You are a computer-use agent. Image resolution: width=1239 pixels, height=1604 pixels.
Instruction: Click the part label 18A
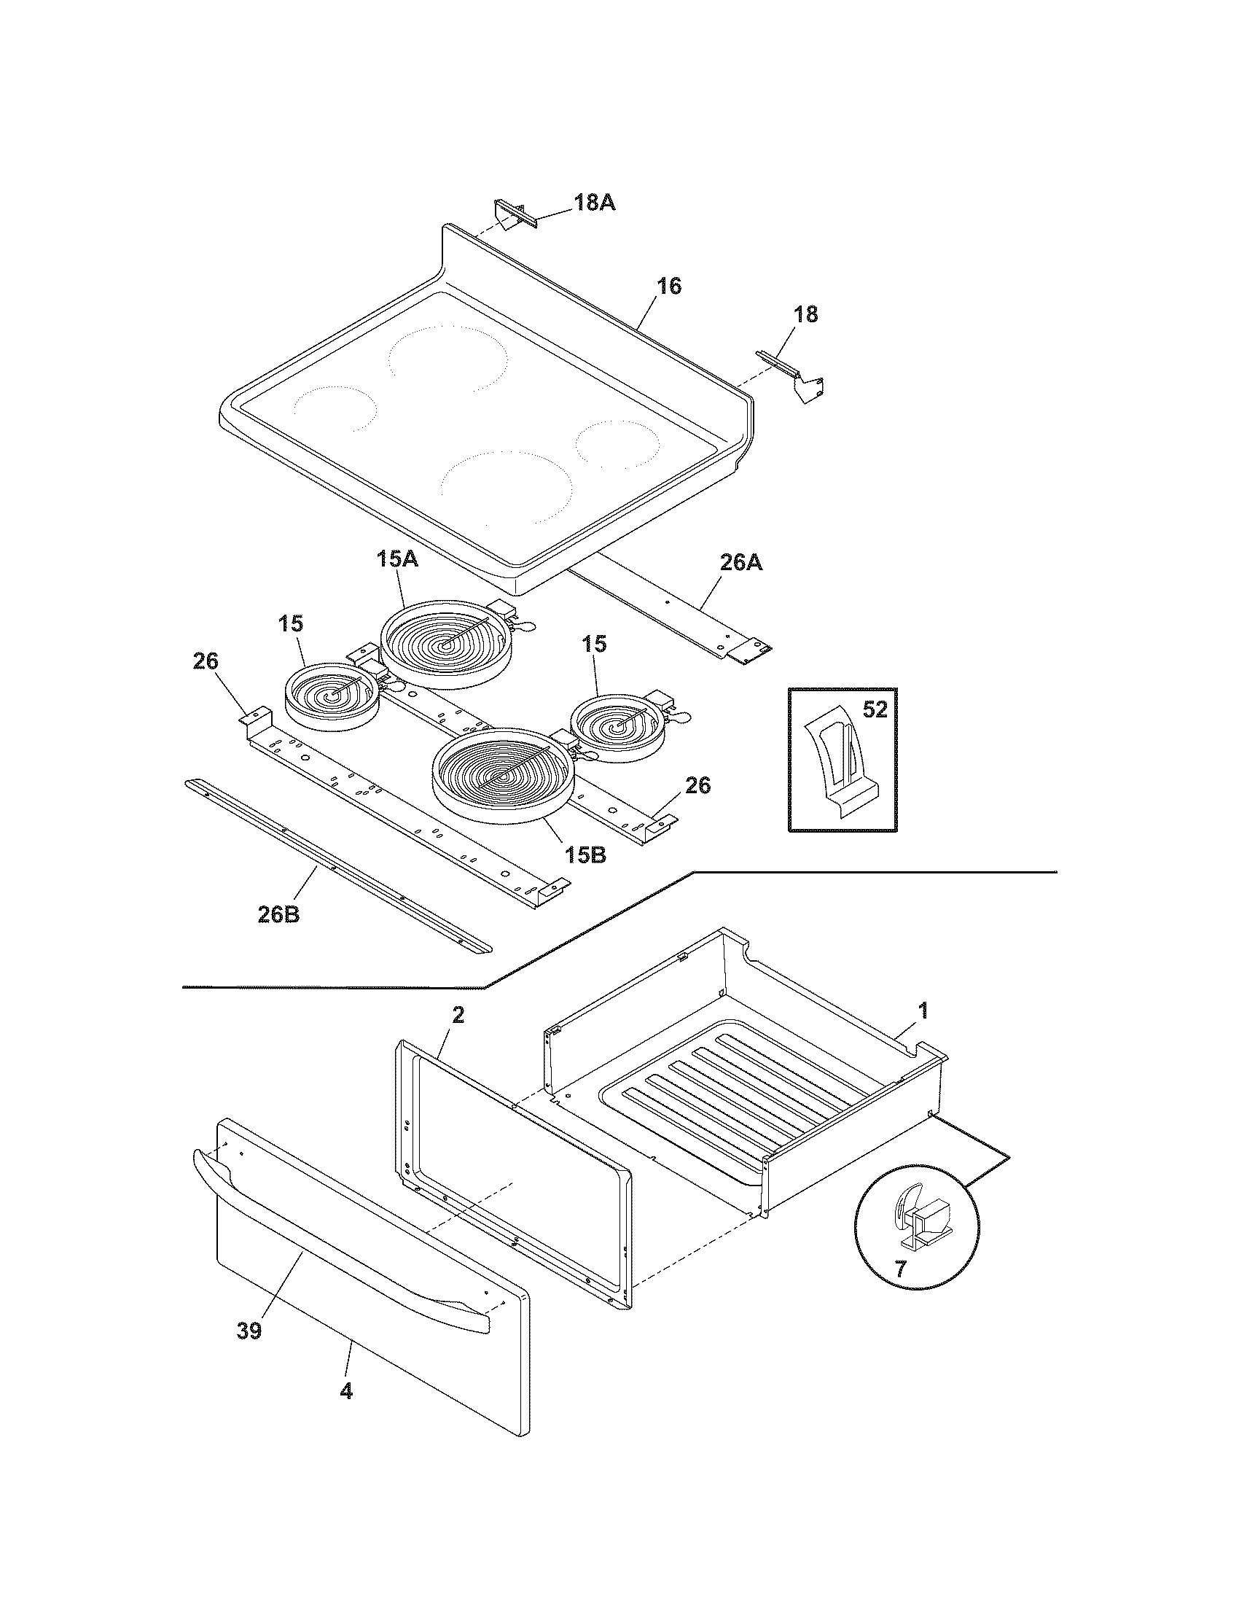coord(594,203)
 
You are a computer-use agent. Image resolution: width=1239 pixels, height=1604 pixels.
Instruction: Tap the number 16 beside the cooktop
coord(668,286)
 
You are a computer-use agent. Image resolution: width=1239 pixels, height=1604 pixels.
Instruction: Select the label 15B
coord(585,855)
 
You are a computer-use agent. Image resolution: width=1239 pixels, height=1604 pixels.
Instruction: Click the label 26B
coord(278,916)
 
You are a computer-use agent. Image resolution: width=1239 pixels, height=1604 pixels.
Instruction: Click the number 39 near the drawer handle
coord(249,1331)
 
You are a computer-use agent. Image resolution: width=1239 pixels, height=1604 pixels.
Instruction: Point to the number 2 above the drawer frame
coord(457,1016)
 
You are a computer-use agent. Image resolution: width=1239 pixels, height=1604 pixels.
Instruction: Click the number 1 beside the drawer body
coord(923,1011)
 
